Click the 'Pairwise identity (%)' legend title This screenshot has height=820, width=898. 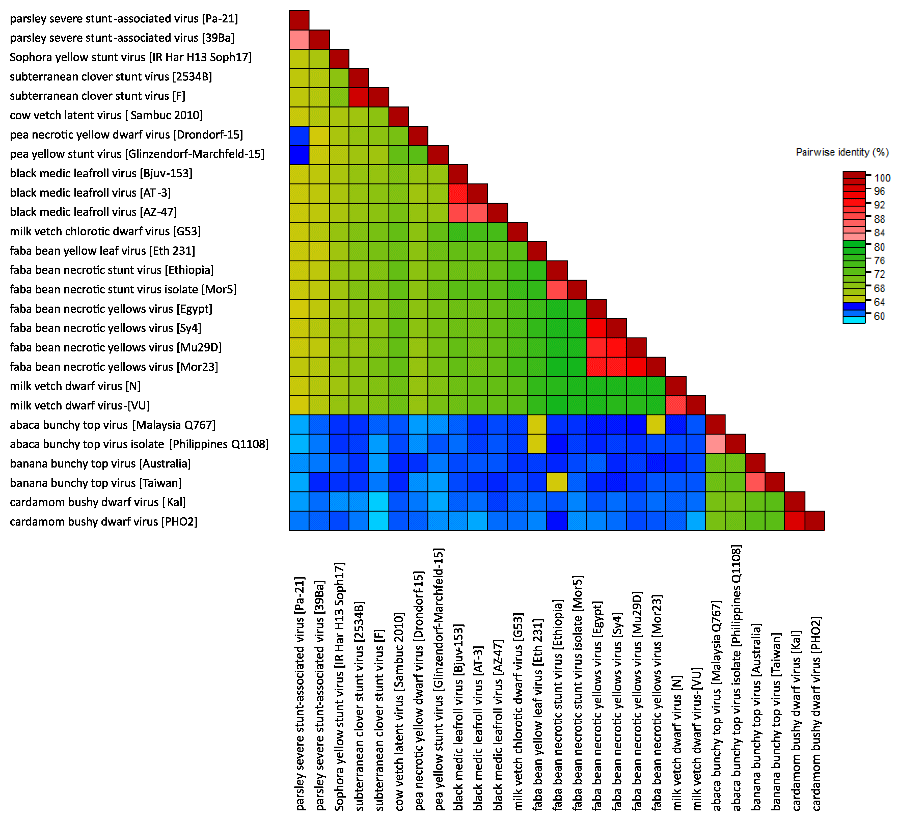(x=842, y=152)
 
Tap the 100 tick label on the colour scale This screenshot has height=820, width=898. (x=882, y=178)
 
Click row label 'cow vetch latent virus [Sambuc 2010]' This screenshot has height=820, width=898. (x=106, y=115)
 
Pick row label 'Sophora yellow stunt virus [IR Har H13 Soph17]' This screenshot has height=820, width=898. (x=130, y=58)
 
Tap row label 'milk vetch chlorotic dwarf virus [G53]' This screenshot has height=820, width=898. (x=105, y=232)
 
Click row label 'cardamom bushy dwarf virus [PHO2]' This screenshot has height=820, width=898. (x=103, y=522)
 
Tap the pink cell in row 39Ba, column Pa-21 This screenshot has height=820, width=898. (x=299, y=40)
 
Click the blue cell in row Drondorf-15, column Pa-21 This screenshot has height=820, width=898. (x=299, y=136)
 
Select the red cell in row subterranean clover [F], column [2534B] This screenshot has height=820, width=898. (x=359, y=97)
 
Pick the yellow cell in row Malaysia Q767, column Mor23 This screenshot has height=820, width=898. (x=656, y=424)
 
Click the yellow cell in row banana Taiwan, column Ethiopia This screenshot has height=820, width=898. (x=557, y=482)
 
